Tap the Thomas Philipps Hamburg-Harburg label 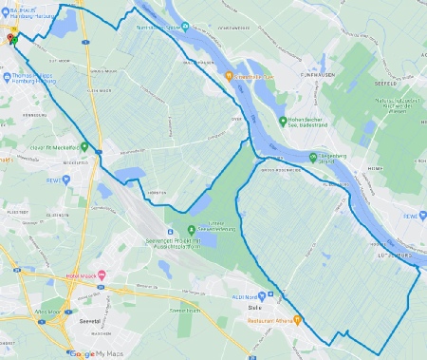click(x=37, y=77)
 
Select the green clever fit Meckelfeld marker click(x=85, y=147)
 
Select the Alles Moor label click(x=47, y=311)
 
